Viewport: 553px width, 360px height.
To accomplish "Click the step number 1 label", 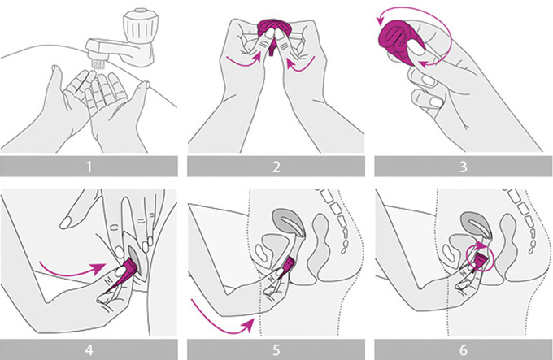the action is pos(89,167).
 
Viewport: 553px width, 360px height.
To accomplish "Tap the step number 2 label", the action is pos(276,167).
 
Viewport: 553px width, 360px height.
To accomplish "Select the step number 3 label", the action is pos(463,167).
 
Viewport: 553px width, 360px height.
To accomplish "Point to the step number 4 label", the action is pos(89,349).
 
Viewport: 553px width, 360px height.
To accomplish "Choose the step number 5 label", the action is pos(276,349).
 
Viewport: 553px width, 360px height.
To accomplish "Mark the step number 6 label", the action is pos(463,349).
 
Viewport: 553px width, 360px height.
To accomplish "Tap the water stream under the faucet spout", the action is pos(96,63).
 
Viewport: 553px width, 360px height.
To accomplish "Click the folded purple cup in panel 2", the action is pos(271,33).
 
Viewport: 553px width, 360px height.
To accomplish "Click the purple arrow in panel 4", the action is pos(71,272).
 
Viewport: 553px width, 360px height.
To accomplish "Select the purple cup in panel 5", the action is pos(288,266).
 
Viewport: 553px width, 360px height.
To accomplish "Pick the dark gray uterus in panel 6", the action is pos(476,224).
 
